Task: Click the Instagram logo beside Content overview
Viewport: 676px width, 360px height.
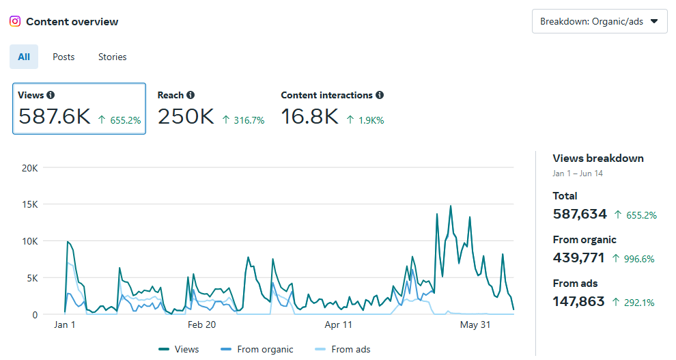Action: (15, 21)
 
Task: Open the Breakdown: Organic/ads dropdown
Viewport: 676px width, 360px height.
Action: (599, 21)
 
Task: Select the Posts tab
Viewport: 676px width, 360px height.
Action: (64, 57)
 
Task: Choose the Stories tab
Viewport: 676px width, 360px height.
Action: (112, 57)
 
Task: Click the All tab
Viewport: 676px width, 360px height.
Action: (24, 57)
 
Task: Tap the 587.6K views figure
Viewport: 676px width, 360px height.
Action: (54, 117)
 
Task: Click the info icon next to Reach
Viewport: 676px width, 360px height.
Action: (191, 96)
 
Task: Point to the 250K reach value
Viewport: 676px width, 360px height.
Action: (186, 117)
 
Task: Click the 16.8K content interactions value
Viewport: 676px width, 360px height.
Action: (309, 117)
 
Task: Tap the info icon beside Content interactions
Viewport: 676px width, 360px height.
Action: (380, 96)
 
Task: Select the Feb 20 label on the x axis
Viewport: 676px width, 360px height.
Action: (201, 325)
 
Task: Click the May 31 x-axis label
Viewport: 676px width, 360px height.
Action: (475, 325)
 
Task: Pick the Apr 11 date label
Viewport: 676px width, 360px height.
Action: (338, 325)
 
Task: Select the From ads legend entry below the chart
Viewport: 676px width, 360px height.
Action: (343, 349)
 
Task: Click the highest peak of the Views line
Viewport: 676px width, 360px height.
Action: (451, 206)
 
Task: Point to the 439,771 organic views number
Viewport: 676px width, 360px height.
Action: (580, 258)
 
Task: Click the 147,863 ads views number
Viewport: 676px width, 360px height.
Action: (578, 301)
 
